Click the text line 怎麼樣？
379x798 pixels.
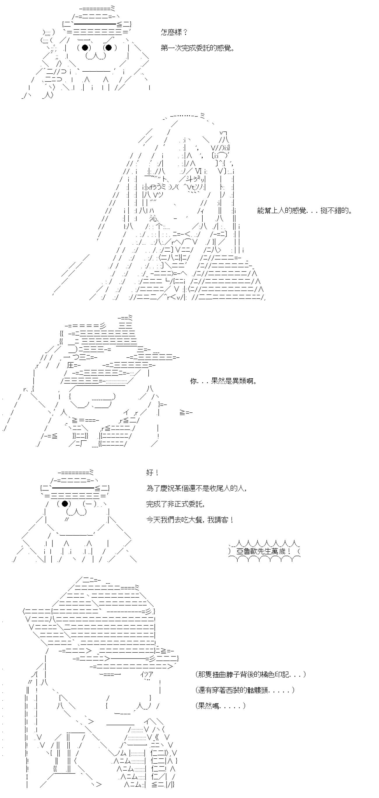[174, 32]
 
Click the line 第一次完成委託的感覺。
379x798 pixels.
[197, 48]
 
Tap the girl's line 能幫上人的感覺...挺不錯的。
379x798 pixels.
[305, 211]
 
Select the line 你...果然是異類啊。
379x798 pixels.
[224, 381]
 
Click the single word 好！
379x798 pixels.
[152, 473]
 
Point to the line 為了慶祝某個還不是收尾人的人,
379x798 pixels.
[196, 488]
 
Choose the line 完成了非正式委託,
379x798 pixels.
[175, 504]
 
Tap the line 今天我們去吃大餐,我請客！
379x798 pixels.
[189, 520]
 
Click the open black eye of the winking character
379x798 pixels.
[65, 503]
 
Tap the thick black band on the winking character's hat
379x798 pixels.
[73, 488]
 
